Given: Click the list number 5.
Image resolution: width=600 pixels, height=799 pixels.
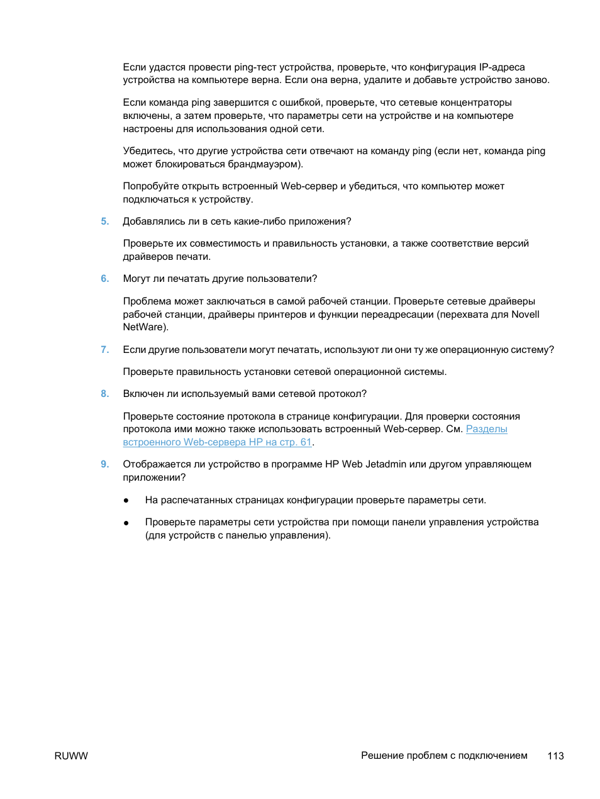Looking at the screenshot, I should [104, 221].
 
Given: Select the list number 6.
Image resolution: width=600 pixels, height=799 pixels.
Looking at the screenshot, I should [104, 279].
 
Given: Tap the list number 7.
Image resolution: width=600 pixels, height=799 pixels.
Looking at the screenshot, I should [104, 350].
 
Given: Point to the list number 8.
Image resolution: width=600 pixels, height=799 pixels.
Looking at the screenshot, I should [104, 394].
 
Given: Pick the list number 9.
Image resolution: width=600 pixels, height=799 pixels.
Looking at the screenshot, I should [104, 464].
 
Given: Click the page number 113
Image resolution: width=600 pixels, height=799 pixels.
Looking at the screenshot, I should [555, 756].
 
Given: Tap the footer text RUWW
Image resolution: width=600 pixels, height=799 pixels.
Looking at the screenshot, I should [71, 756].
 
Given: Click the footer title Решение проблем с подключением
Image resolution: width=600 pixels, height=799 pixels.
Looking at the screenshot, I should [444, 756].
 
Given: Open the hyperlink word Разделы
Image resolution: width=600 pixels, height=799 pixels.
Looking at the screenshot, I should [486, 429].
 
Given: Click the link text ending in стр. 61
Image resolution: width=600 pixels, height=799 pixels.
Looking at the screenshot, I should [217, 442].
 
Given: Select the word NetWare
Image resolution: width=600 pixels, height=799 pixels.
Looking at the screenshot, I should [144, 327].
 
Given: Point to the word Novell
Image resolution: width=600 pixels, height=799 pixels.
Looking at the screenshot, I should [525, 315].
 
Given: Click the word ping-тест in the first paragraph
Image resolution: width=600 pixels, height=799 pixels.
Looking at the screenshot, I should [255, 67].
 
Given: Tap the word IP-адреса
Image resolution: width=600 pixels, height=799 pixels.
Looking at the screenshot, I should [501, 67].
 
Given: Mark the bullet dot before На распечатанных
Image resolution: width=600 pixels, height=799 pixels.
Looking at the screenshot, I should [126, 501].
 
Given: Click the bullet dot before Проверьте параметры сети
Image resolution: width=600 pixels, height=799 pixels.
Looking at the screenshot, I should [126, 523].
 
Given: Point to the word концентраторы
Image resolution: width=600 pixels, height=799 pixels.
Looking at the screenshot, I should [475, 103].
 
